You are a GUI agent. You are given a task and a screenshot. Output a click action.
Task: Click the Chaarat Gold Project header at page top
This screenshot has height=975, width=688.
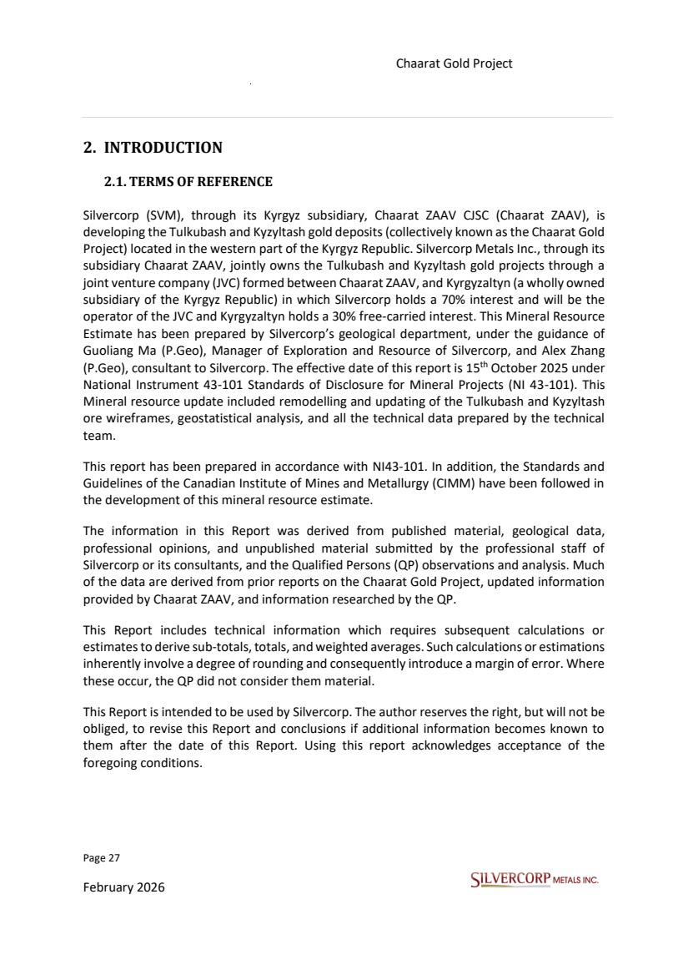tap(454, 63)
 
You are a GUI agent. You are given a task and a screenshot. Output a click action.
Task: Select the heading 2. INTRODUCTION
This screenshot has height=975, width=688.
tap(153, 148)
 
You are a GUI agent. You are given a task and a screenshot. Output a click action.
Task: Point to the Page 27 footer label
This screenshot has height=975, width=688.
tap(97, 858)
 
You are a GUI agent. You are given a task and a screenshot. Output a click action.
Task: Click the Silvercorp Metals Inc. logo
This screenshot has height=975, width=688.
tap(534, 880)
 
